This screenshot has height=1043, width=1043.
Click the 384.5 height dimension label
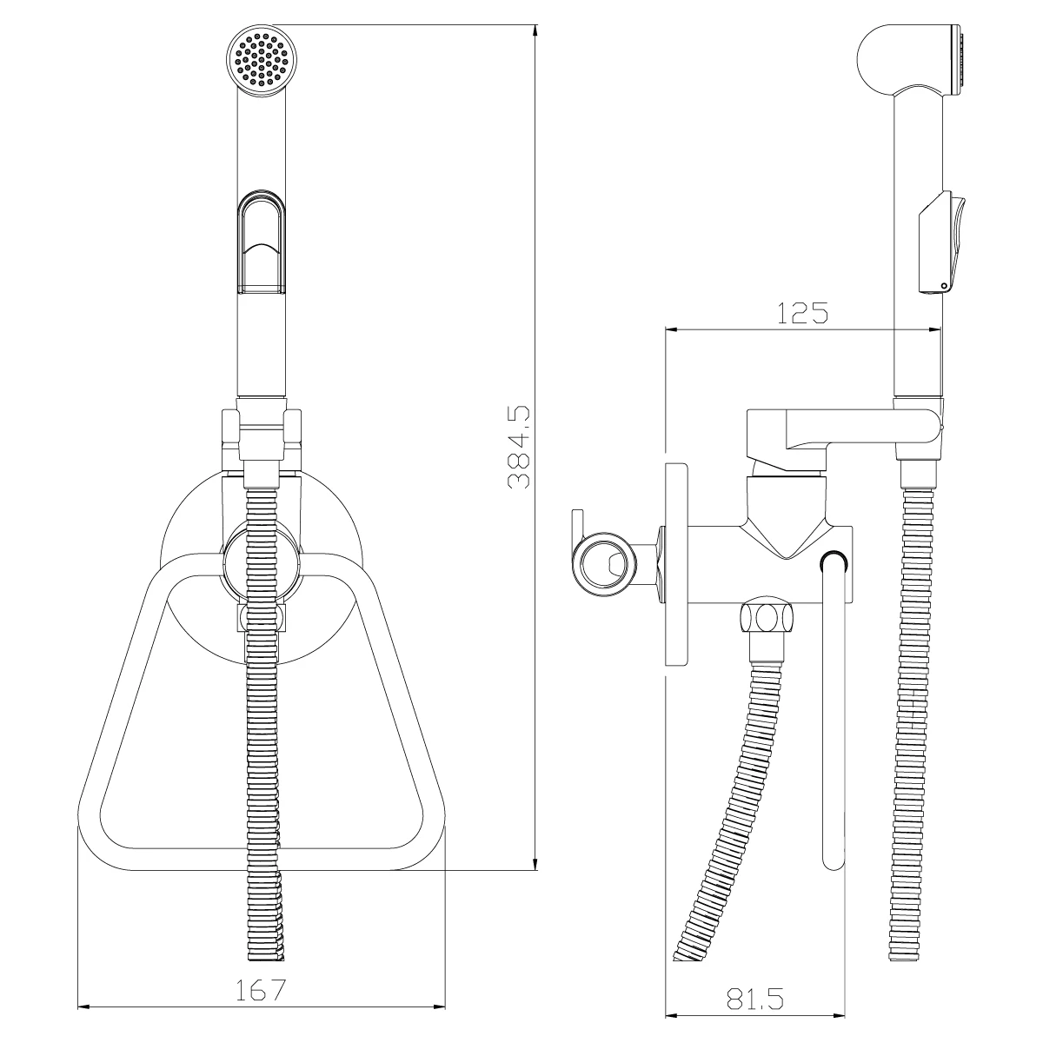point(519,447)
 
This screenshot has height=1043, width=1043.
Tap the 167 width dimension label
point(262,991)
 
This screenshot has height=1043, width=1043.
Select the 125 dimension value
point(802,313)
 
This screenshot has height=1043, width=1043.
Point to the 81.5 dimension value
point(754,1000)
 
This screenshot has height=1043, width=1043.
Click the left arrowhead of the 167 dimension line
point(84,1008)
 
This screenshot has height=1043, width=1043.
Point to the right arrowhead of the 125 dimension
point(935,329)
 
